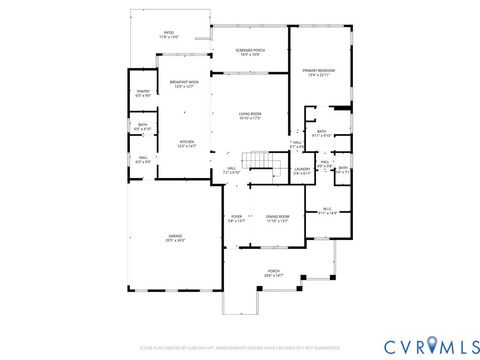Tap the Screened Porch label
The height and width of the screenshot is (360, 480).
click(250, 52)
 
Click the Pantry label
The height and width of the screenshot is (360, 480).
click(143, 94)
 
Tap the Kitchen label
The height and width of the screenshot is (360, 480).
click(187, 144)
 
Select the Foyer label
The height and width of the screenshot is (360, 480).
click(236, 218)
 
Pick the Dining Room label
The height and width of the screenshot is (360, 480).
click(277, 218)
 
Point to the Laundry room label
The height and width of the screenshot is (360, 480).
click(300, 171)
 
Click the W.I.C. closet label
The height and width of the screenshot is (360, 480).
click(327, 211)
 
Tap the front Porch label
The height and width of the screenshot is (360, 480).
click(273, 271)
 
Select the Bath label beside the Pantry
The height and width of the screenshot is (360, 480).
click(143, 127)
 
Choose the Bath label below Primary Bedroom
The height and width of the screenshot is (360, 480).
click(322, 133)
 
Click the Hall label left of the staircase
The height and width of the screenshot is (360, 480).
click(232, 169)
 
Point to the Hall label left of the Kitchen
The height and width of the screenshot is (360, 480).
click(143, 159)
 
